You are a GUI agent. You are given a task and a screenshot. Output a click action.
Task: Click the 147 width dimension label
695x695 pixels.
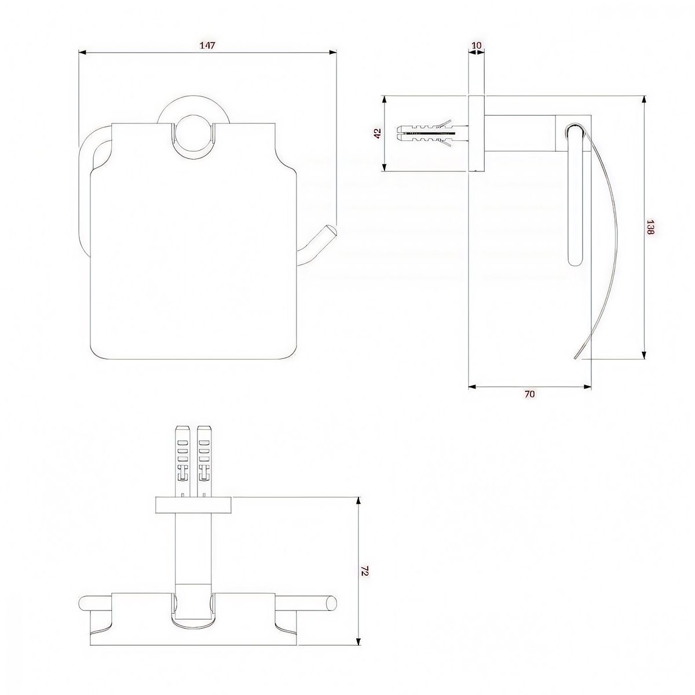(207, 45)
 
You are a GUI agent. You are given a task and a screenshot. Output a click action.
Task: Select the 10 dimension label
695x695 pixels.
(477, 45)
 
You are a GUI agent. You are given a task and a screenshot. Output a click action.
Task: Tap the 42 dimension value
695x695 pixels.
(377, 133)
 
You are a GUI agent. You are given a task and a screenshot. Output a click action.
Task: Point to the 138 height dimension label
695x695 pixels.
(650, 228)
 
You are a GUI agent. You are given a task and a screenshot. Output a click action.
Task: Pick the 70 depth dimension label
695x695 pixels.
(529, 394)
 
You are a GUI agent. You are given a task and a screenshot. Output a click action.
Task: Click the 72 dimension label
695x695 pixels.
(365, 561)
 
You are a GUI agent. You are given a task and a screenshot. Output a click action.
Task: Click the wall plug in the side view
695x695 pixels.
(433, 133)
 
